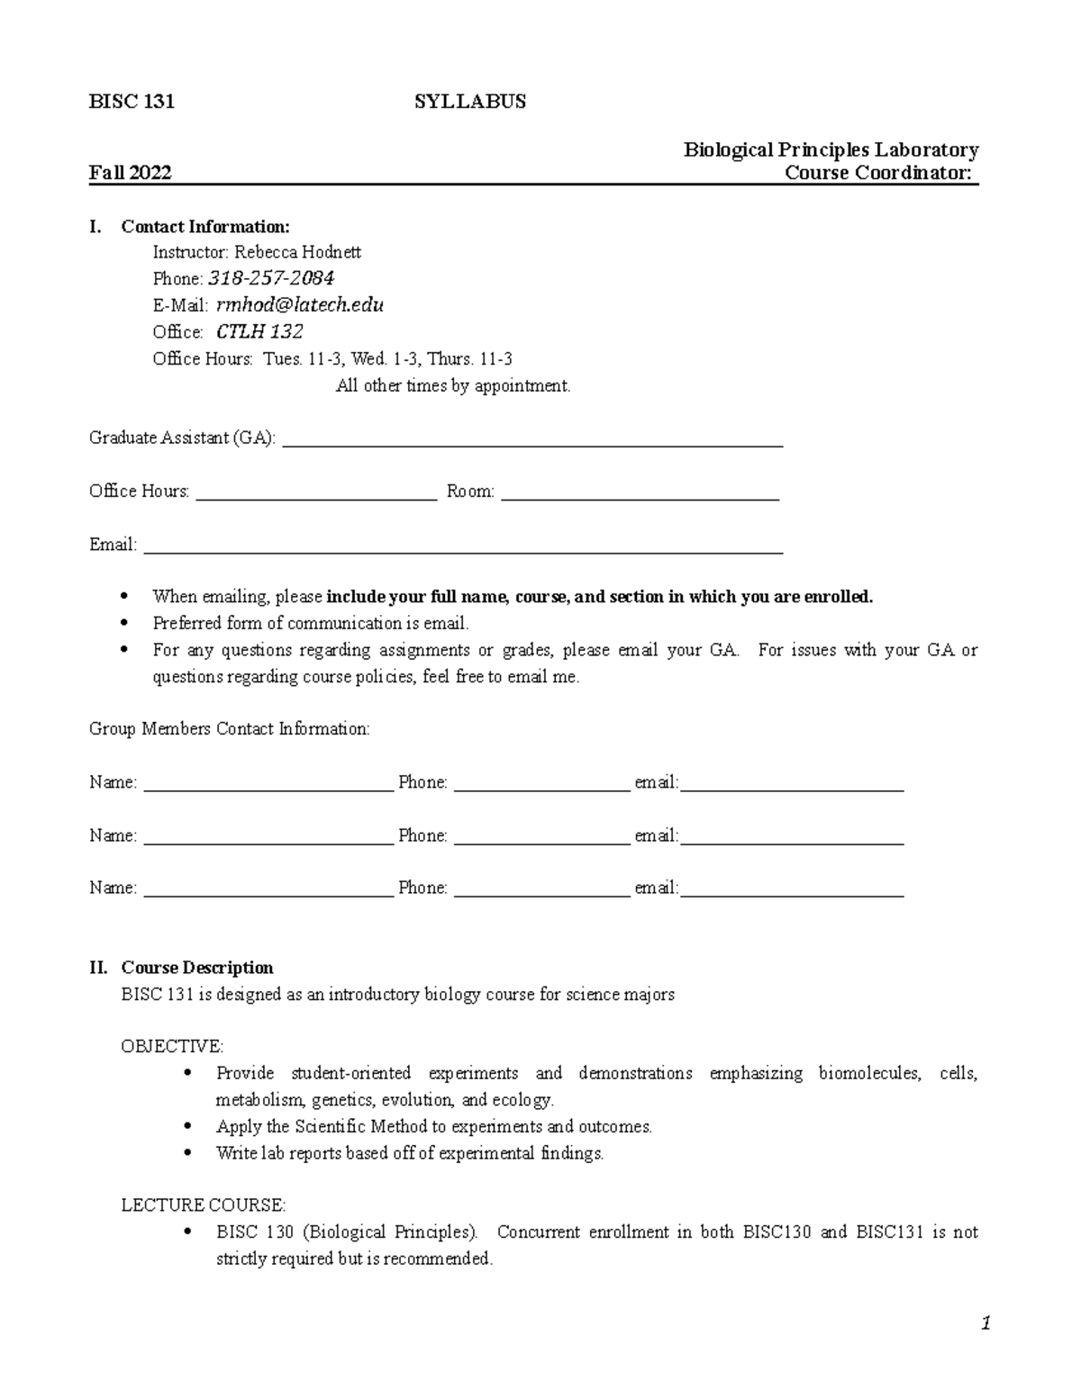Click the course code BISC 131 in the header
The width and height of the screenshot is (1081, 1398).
(132, 102)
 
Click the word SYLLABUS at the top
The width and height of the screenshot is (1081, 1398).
(469, 102)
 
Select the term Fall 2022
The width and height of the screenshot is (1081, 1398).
(130, 173)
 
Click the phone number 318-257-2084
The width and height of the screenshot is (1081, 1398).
(271, 278)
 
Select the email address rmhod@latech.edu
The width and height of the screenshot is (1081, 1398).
(300, 305)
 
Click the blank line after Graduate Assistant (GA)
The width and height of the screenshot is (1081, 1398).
(532, 441)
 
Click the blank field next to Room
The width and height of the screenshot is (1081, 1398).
(640, 493)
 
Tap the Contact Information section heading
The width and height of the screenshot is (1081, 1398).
(205, 226)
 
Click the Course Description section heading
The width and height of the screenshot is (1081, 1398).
(197, 968)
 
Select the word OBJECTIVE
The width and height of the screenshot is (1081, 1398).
(172, 1046)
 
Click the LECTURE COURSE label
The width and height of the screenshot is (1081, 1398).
(204, 1204)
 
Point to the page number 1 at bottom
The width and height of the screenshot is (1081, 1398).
(986, 1323)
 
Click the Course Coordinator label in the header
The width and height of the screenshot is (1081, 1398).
(879, 173)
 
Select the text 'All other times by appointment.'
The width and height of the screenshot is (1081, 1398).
(453, 386)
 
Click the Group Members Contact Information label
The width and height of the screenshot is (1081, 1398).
(230, 729)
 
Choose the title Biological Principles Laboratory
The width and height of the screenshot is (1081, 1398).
(831, 149)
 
